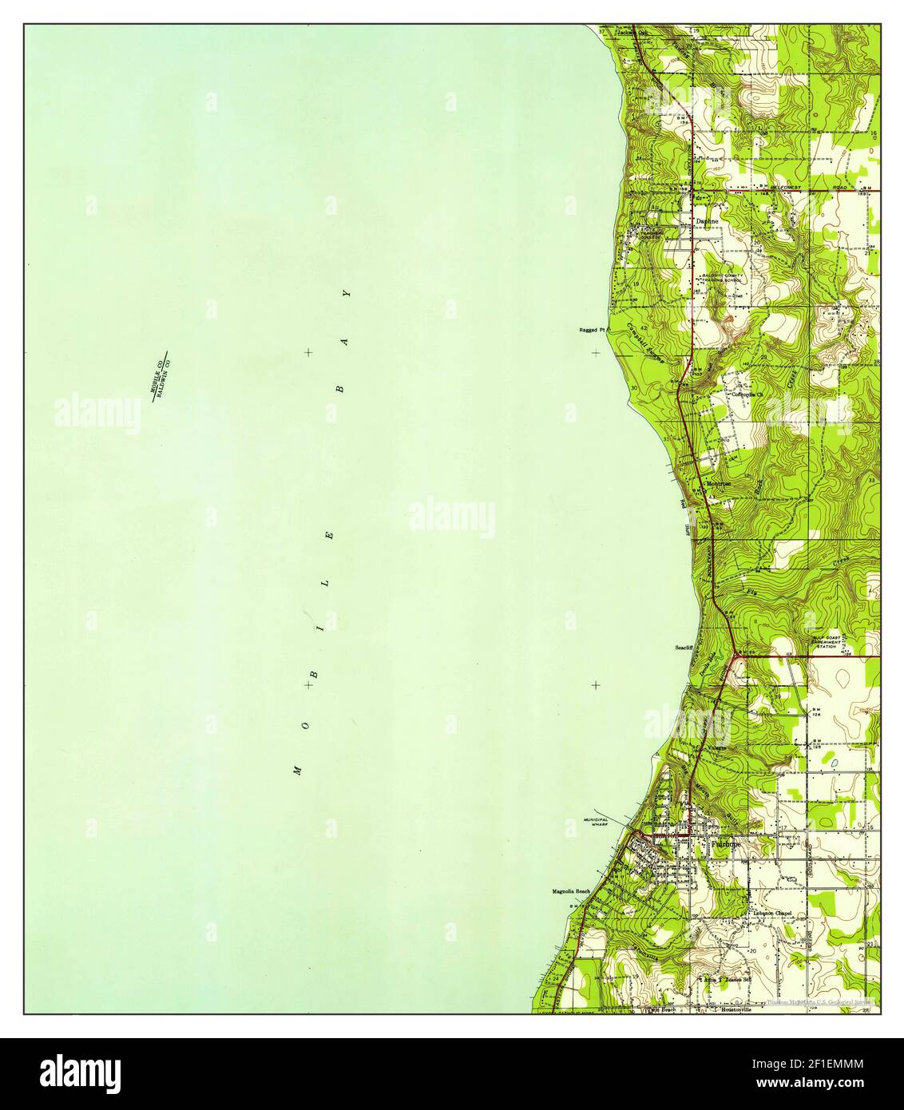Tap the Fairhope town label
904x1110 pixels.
point(726,843)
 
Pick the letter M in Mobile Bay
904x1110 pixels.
point(297,770)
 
